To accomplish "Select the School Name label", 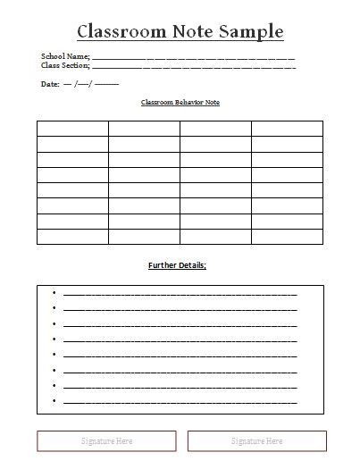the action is point(65,56).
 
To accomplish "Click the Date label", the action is point(50,83).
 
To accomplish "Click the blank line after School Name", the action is point(194,57).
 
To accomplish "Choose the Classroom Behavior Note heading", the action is point(180,103).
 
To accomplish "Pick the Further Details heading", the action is point(177,265).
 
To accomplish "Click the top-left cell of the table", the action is point(72,128).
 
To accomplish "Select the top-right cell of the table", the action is point(287,128).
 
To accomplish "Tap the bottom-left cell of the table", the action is point(72,237).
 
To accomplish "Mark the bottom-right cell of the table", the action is point(287,237).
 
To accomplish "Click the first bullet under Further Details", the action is point(54,293).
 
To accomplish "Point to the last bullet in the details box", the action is point(54,400).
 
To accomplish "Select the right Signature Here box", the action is point(257,440).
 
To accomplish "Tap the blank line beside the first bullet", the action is point(180,294).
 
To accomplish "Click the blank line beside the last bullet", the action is point(180,401).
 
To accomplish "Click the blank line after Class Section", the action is point(194,65).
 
